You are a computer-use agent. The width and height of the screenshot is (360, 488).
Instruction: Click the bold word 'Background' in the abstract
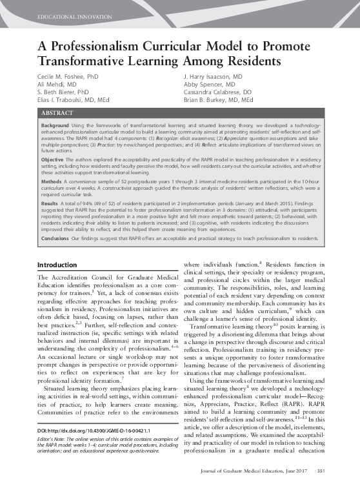(x=55, y=123)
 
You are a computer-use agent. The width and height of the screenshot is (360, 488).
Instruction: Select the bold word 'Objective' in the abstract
(x=52, y=159)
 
